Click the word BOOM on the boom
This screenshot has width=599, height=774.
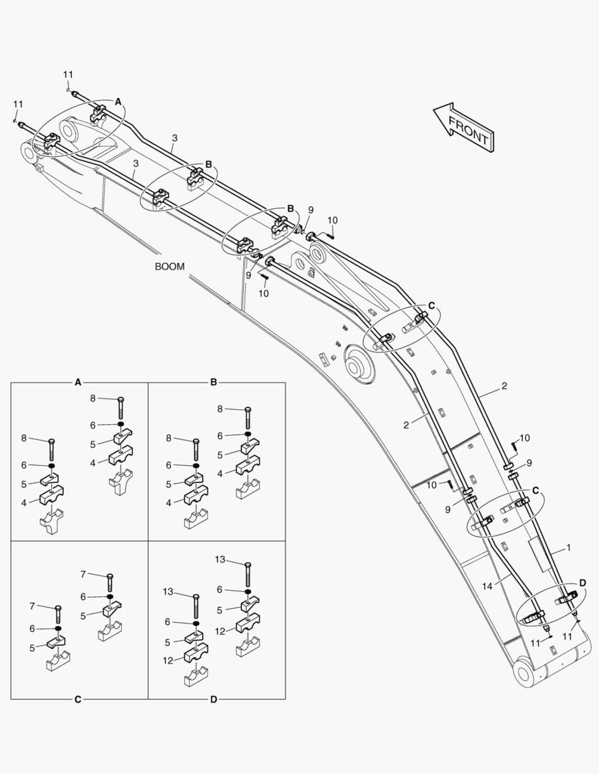[x=169, y=267]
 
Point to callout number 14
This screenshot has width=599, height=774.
[x=487, y=586]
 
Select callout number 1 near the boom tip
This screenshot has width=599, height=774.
[x=568, y=548]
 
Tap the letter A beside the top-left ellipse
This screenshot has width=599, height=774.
[x=118, y=102]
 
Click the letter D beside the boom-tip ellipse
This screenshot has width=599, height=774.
[x=583, y=583]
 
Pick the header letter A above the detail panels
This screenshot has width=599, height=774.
[x=77, y=382]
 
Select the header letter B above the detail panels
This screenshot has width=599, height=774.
[x=214, y=382]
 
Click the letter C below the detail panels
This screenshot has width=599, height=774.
[x=77, y=699]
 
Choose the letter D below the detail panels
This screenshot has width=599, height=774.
[x=214, y=699]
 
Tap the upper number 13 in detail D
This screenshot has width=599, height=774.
[x=220, y=559]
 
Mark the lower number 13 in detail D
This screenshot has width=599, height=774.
[x=168, y=591]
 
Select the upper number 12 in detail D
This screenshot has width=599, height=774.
[x=220, y=631]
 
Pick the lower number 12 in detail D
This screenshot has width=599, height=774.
[x=168, y=661]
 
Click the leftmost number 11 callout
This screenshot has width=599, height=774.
[x=18, y=104]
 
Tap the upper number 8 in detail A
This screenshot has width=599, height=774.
[x=93, y=398]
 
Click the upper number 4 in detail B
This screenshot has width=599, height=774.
[x=220, y=474]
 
